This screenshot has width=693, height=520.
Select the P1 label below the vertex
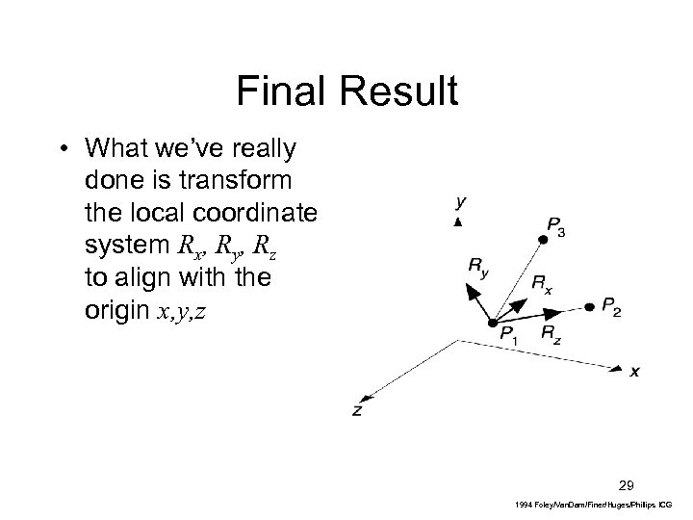coord(511,334)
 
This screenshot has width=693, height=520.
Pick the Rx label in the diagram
coord(542,284)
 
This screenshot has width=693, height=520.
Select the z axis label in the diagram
coord(357,409)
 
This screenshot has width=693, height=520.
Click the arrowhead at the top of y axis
coord(459,222)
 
